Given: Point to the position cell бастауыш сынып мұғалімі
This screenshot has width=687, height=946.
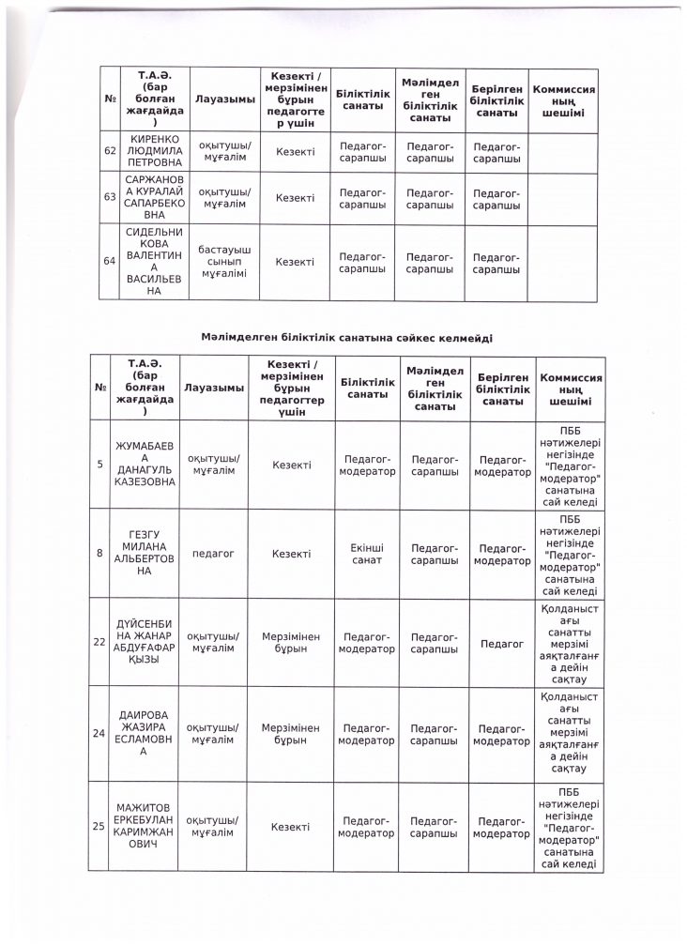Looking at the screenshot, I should [x=223, y=262].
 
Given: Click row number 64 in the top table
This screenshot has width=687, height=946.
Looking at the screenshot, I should [x=110, y=262].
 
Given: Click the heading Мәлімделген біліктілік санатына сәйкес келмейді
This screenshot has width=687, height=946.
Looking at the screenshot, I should [x=346, y=337].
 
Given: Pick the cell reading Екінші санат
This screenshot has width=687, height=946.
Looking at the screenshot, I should [x=367, y=554].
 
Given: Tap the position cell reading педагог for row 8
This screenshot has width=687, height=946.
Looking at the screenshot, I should [x=212, y=554].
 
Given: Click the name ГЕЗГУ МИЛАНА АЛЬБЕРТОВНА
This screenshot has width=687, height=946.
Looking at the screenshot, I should [x=145, y=554].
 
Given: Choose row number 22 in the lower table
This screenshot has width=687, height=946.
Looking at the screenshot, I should [x=99, y=641].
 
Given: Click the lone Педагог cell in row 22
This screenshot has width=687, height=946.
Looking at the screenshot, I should [x=502, y=642].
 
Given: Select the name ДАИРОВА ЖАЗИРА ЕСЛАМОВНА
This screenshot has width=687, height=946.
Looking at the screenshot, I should [x=145, y=732].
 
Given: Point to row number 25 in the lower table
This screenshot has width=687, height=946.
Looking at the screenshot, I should [x=99, y=827].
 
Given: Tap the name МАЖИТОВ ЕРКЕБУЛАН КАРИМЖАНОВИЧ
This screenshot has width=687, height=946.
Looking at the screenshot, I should [x=145, y=827].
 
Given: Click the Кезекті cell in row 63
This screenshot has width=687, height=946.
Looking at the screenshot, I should [x=295, y=197].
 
